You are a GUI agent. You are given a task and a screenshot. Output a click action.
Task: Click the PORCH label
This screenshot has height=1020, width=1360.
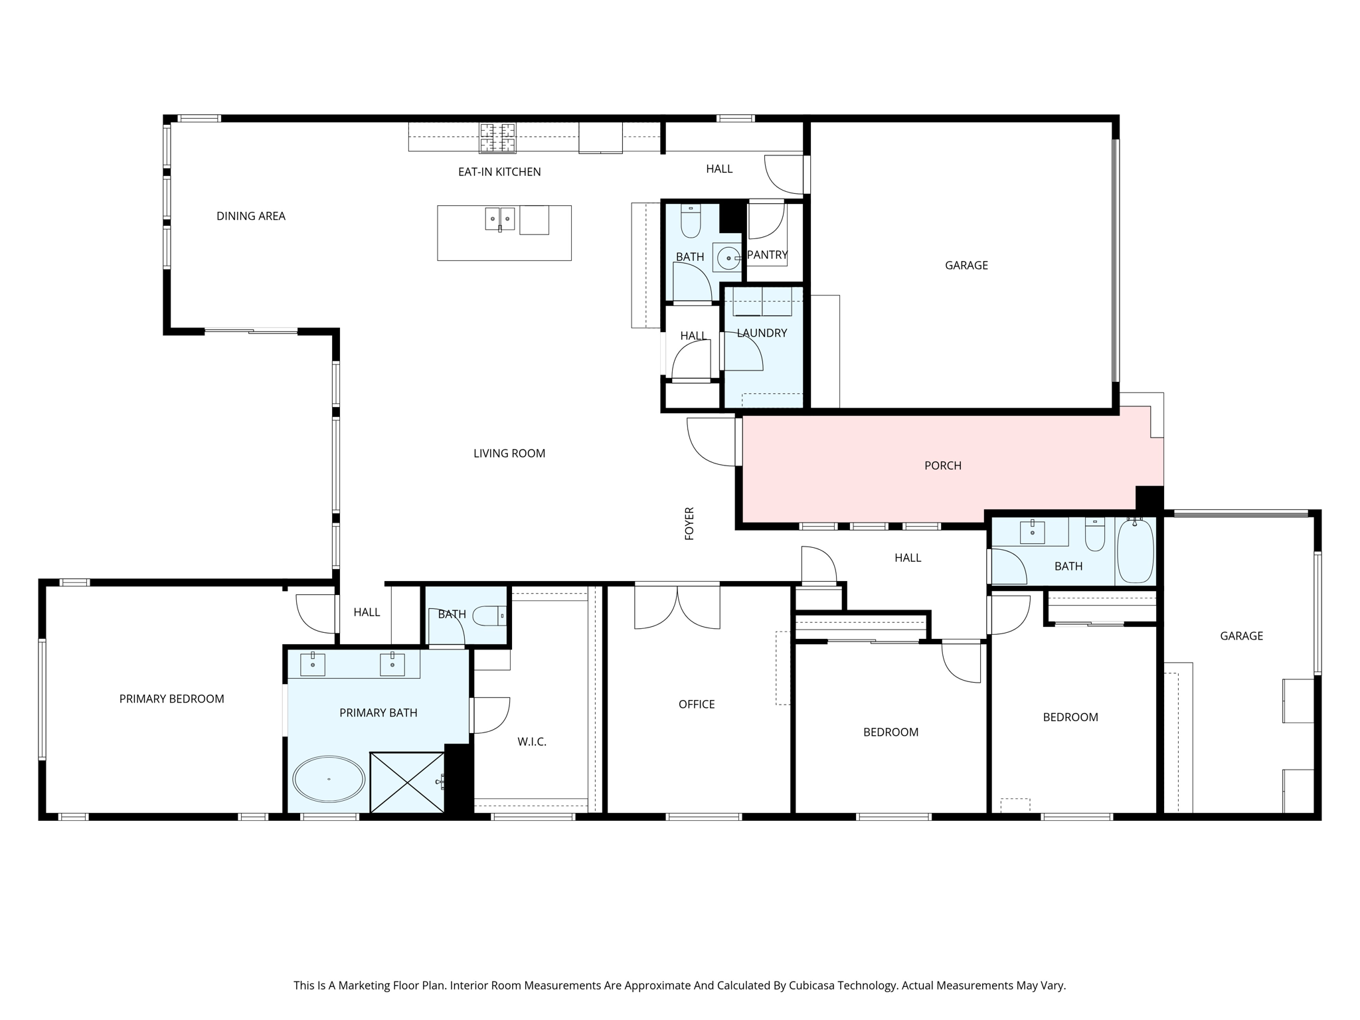pos(943,466)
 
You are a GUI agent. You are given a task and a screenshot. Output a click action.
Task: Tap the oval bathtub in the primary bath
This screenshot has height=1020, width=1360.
pos(329,779)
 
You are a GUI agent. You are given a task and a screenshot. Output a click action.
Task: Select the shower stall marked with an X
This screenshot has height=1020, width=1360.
pos(407,782)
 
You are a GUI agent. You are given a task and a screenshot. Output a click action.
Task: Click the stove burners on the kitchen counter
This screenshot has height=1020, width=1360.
pos(498,138)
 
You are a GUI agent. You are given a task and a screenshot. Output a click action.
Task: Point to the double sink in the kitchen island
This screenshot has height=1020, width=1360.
pos(500,218)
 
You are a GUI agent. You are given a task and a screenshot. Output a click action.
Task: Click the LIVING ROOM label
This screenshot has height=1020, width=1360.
pos(509,454)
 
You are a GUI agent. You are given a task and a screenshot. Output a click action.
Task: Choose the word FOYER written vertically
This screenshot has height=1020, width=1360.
pos(689,523)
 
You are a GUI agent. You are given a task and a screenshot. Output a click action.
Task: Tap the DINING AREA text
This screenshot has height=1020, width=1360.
pos(251,216)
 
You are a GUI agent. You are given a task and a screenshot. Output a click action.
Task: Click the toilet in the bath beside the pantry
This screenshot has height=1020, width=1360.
pos(691,221)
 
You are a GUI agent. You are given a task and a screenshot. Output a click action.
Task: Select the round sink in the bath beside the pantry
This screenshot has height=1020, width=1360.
pos(727,258)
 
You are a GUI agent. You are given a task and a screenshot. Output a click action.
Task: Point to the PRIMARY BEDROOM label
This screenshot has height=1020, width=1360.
pos(172,699)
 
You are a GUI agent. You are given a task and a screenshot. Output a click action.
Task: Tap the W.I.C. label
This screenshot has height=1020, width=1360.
pos(532,742)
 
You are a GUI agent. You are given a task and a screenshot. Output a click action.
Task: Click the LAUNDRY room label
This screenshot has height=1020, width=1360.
pos(762,333)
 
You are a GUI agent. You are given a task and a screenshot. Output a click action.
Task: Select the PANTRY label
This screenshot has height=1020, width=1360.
pos(768,255)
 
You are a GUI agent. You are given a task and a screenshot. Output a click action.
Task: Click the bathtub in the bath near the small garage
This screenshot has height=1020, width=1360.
pos(1136,551)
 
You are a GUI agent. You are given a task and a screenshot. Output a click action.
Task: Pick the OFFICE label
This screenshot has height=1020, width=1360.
pos(697,705)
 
